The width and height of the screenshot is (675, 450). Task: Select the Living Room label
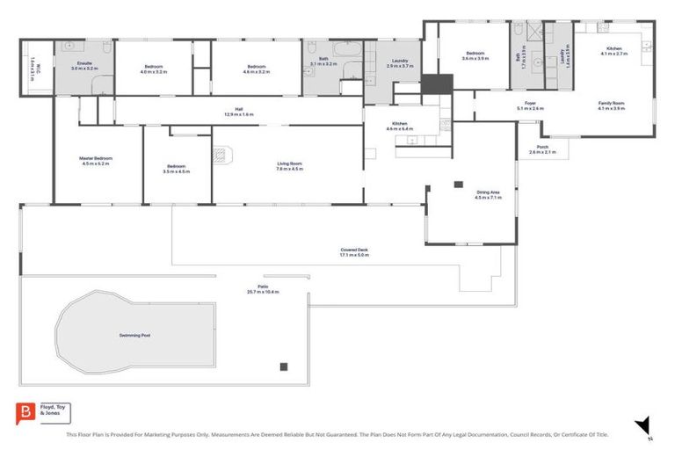(x=290, y=165)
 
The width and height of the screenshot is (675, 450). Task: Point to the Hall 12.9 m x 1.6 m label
(x=238, y=112)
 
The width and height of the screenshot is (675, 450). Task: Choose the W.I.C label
(x=36, y=62)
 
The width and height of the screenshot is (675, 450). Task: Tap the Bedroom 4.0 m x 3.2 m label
(x=154, y=69)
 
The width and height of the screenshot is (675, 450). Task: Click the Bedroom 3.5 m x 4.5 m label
(x=177, y=169)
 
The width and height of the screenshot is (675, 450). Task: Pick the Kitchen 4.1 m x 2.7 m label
(x=613, y=52)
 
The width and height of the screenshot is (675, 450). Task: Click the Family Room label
(x=611, y=105)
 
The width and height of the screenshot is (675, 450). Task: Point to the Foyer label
(x=531, y=105)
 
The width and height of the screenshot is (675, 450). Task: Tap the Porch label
(x=542, y=149)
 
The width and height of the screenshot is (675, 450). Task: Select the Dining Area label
(x=488, y=194)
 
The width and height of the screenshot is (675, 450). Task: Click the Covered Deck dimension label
(x=354, y=252)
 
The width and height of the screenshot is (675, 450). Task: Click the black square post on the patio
(x=283, y=367)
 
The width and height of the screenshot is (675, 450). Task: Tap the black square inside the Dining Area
(x=458, y=184)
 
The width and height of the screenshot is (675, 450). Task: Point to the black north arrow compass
(x=642, y=425)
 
